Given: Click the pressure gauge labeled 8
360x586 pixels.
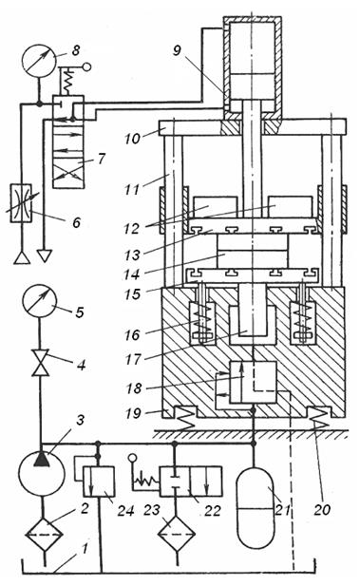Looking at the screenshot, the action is click(39, 61).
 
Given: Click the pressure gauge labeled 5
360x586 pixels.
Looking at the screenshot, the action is click(39, 301).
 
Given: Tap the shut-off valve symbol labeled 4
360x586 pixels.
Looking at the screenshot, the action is click(40, 363).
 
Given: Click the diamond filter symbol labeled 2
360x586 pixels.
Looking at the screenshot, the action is click(44, 535).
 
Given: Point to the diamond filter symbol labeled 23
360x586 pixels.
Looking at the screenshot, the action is click(177, 535).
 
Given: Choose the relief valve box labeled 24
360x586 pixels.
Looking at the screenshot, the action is click(99, 482).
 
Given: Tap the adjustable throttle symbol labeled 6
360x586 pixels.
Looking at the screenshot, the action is click(22, 203).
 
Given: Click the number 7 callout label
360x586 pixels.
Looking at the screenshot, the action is click(101, 160).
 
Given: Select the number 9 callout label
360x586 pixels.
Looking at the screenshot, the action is click(177, 49).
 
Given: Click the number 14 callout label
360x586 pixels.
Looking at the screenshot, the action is click(131, 274).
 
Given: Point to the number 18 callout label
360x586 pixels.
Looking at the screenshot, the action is click(134, 388).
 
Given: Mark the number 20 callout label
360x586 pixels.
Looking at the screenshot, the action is click(322, 509).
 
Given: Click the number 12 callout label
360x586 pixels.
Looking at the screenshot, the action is click(132, 228).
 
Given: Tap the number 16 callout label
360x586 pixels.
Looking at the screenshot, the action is click(132, 334).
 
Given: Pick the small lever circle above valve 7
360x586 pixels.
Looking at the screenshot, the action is click(86, 66).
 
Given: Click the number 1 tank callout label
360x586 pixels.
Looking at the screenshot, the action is click(85, 549).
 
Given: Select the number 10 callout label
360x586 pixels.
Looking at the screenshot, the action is click(132, 139).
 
